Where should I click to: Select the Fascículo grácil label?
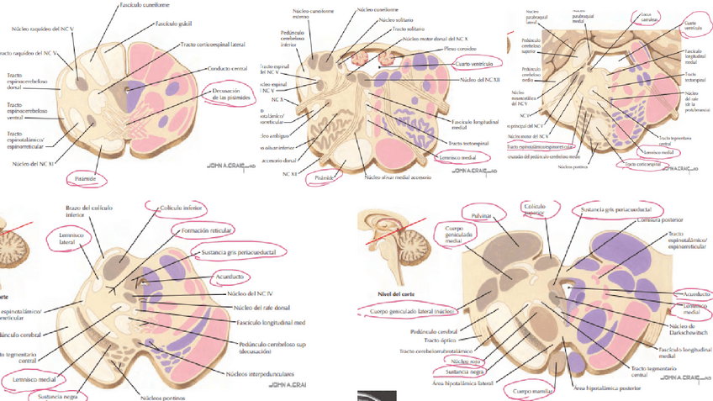[173, 25]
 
